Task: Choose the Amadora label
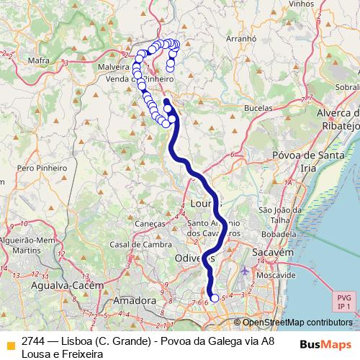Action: pyautogui.click(x=135, y=299)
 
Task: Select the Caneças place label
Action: pyautogui.click(x=150, y=224)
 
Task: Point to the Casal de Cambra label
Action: pyautogui.click(x=135, y=244)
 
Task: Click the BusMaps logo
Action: pyautogui.click(x=325, y=343)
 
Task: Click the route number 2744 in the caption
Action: pyautogui.click(x=34, y=341)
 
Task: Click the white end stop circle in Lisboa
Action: pyautogui.click(x=214, y=297)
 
